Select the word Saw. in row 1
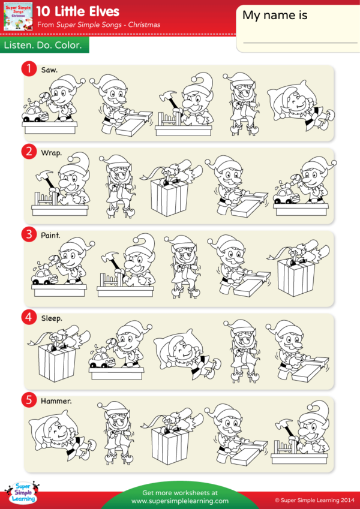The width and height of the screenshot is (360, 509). (49, 70)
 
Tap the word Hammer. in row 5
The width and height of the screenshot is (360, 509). (56, 400)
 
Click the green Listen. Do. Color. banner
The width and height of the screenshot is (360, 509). (44, 45)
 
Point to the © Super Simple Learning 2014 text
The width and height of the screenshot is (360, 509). (314, 499)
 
